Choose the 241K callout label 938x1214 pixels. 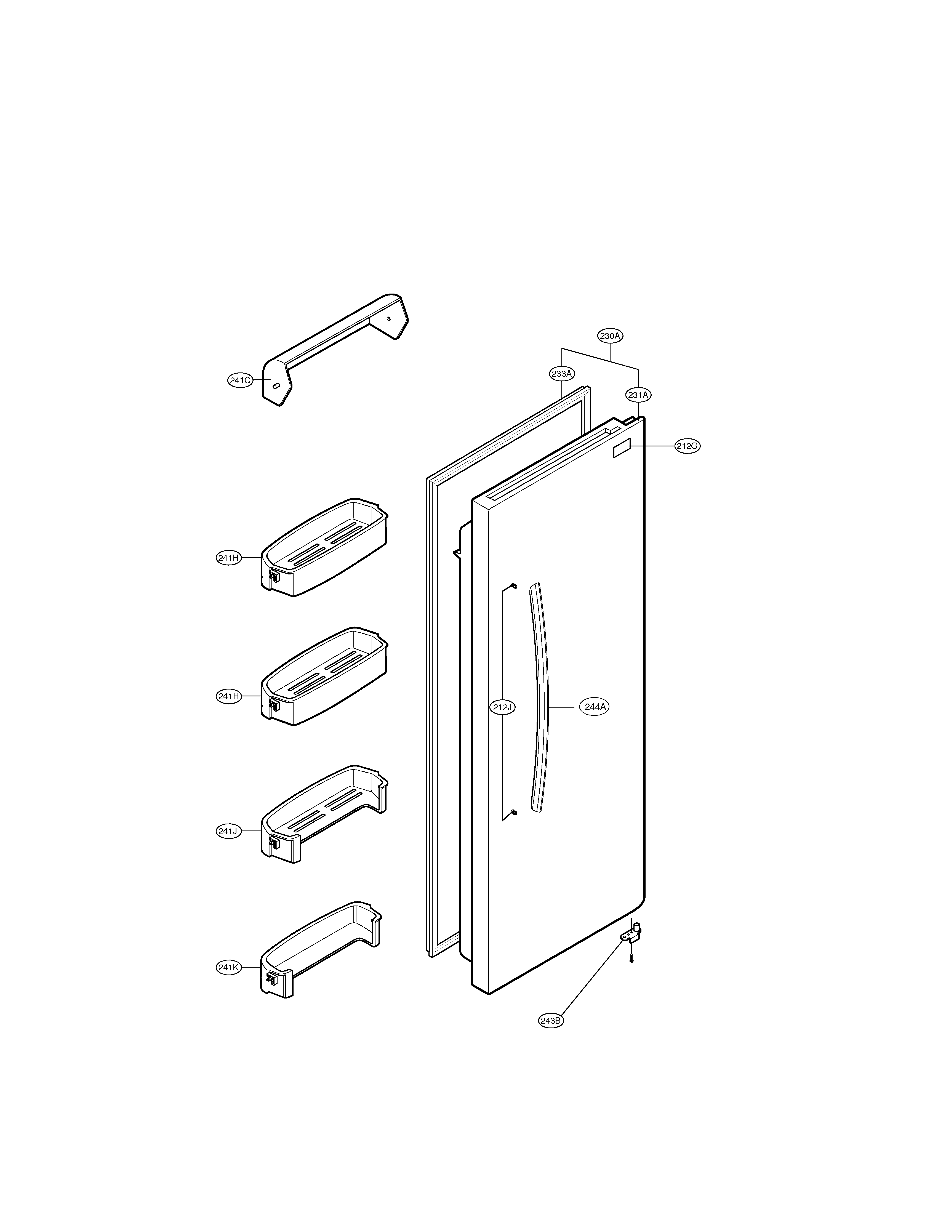[x=228, y=967]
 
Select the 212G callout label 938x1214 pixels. [x=687, y=446]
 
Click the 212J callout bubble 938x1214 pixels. [x=502, y=707]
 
